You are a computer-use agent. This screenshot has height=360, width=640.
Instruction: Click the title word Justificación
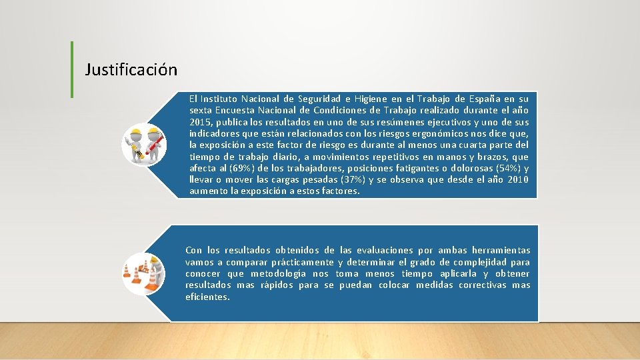point(131,69)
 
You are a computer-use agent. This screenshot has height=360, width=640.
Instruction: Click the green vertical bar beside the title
point(72,69)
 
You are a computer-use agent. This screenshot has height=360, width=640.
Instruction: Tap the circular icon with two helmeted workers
point(144,145)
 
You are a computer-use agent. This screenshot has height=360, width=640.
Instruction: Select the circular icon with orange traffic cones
point(144,274)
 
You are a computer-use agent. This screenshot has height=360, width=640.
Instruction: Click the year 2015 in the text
point(201,122)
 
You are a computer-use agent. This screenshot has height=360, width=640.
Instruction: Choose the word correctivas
point(477,285)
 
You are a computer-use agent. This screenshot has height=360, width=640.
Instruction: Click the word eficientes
point(207,297)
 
